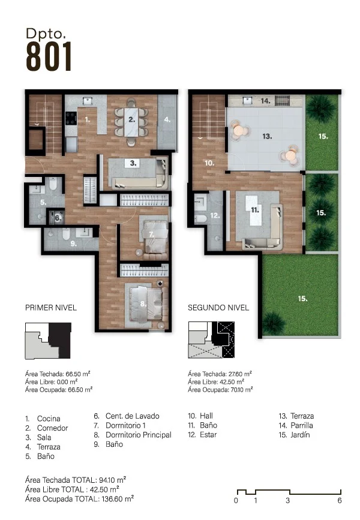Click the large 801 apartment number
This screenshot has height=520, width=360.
click(x=49, y=56)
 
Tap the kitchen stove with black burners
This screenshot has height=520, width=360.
click(x=71, y=118)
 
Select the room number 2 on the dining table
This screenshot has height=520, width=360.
click(x=132, y=119)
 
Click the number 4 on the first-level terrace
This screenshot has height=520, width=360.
click(x=167, y=119)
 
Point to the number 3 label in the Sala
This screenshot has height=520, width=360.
click(x=133, y=163)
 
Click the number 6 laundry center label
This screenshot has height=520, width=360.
click(x=58, y=218)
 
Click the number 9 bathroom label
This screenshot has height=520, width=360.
click(x=74, y=244)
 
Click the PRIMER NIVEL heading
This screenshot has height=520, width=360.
click(x=51, y=308)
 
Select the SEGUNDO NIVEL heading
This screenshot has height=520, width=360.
click(x=218, y=308)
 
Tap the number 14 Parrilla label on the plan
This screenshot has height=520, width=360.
click(x=265, y=101)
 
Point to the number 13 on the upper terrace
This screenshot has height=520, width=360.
click(x=267, y=136)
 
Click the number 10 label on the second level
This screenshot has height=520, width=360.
click(x=209, y=163)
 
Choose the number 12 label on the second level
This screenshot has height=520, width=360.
click(x=215, y=215)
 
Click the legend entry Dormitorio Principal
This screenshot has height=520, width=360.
click(x=139, y=435)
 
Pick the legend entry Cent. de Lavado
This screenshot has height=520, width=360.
click(x=133, y=416)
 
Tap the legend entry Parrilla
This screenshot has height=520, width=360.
click(x=302, y=425)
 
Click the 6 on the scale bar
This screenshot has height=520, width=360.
click(x=340, y=500)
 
